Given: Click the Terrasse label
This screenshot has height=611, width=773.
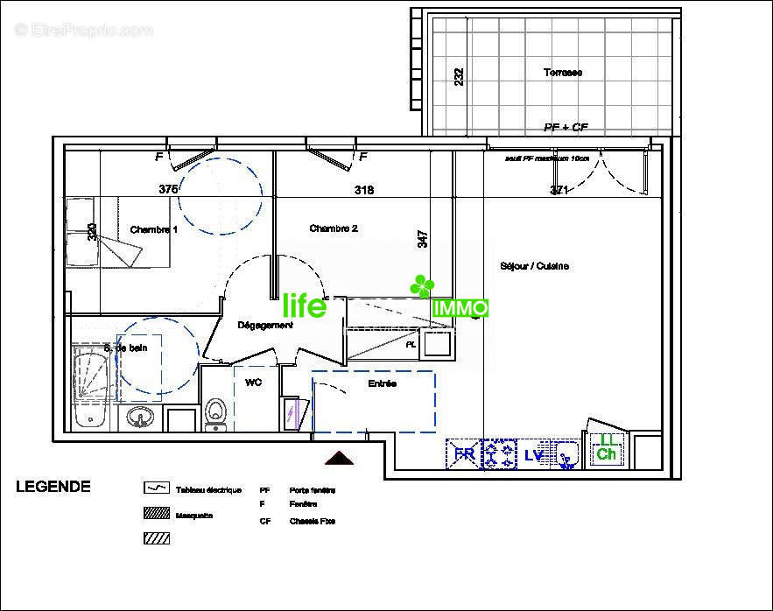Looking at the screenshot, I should (x=562, y=73).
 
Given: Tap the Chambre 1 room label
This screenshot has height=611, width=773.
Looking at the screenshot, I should (x=154, y=229).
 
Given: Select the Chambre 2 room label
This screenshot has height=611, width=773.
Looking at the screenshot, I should (x=334, y=228).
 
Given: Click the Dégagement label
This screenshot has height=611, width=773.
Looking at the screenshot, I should (x=265, y=325).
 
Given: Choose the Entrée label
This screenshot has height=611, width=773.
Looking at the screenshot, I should (x=382, y=383).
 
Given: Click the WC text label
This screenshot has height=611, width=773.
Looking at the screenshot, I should (x=253, y=383).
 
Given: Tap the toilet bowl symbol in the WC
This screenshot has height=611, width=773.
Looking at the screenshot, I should (x=214, y=413).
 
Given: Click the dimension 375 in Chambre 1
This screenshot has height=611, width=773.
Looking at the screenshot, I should (x=169, y=189).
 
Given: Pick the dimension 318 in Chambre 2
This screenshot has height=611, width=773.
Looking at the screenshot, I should (x=364, y=190).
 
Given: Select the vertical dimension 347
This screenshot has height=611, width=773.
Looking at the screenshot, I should (x=423, y=239).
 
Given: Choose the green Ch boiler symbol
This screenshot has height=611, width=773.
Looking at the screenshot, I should (x=606, y=450).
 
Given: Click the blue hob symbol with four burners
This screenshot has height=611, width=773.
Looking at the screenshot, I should (x=500, y=454).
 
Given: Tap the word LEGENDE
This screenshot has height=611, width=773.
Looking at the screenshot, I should (x=53, y=488).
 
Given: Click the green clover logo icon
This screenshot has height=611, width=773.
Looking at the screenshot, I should (x=423, y=285).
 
